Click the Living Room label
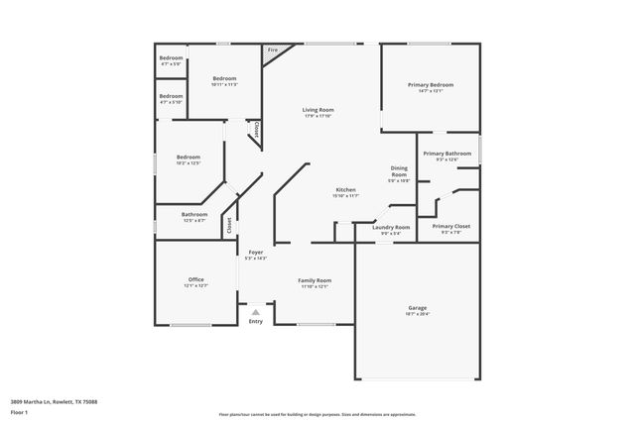317,109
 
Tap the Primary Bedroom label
431,85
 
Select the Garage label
417,307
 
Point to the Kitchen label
345,189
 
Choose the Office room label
195,279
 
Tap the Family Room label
315,280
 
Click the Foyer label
255,252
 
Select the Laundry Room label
391,227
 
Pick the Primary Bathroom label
446,154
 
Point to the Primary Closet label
450,226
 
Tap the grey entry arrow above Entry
255,311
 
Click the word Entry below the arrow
256,321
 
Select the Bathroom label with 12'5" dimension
193,214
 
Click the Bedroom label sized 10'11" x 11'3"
224,78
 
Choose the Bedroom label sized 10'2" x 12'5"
189,158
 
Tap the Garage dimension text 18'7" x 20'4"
417,314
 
